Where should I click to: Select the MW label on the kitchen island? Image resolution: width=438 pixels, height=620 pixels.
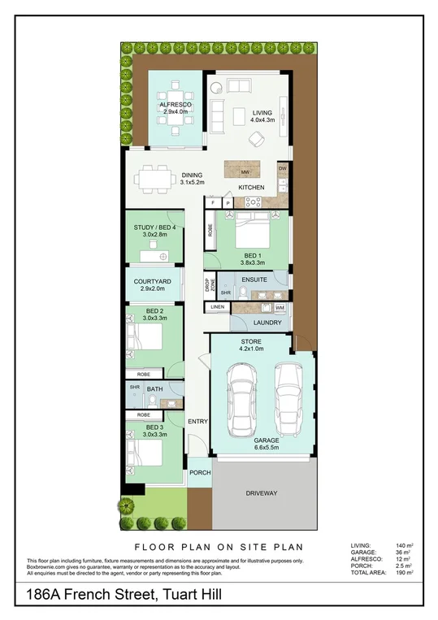tap(245, 172)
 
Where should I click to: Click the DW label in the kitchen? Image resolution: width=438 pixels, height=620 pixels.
tap(283, 168)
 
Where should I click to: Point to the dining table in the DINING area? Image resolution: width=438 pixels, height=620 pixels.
tap(154, 176)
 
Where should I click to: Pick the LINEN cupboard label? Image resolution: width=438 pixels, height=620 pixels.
tap(217, 307)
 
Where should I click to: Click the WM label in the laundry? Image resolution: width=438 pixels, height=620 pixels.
tap(279, 308)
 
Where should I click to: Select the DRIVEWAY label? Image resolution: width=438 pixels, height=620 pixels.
tap(261, 493)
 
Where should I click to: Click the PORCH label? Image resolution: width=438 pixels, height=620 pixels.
tap(200, 472)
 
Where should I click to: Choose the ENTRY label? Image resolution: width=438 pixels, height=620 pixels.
tap(198, 421)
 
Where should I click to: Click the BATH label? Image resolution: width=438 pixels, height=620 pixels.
tap(155, 389)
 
